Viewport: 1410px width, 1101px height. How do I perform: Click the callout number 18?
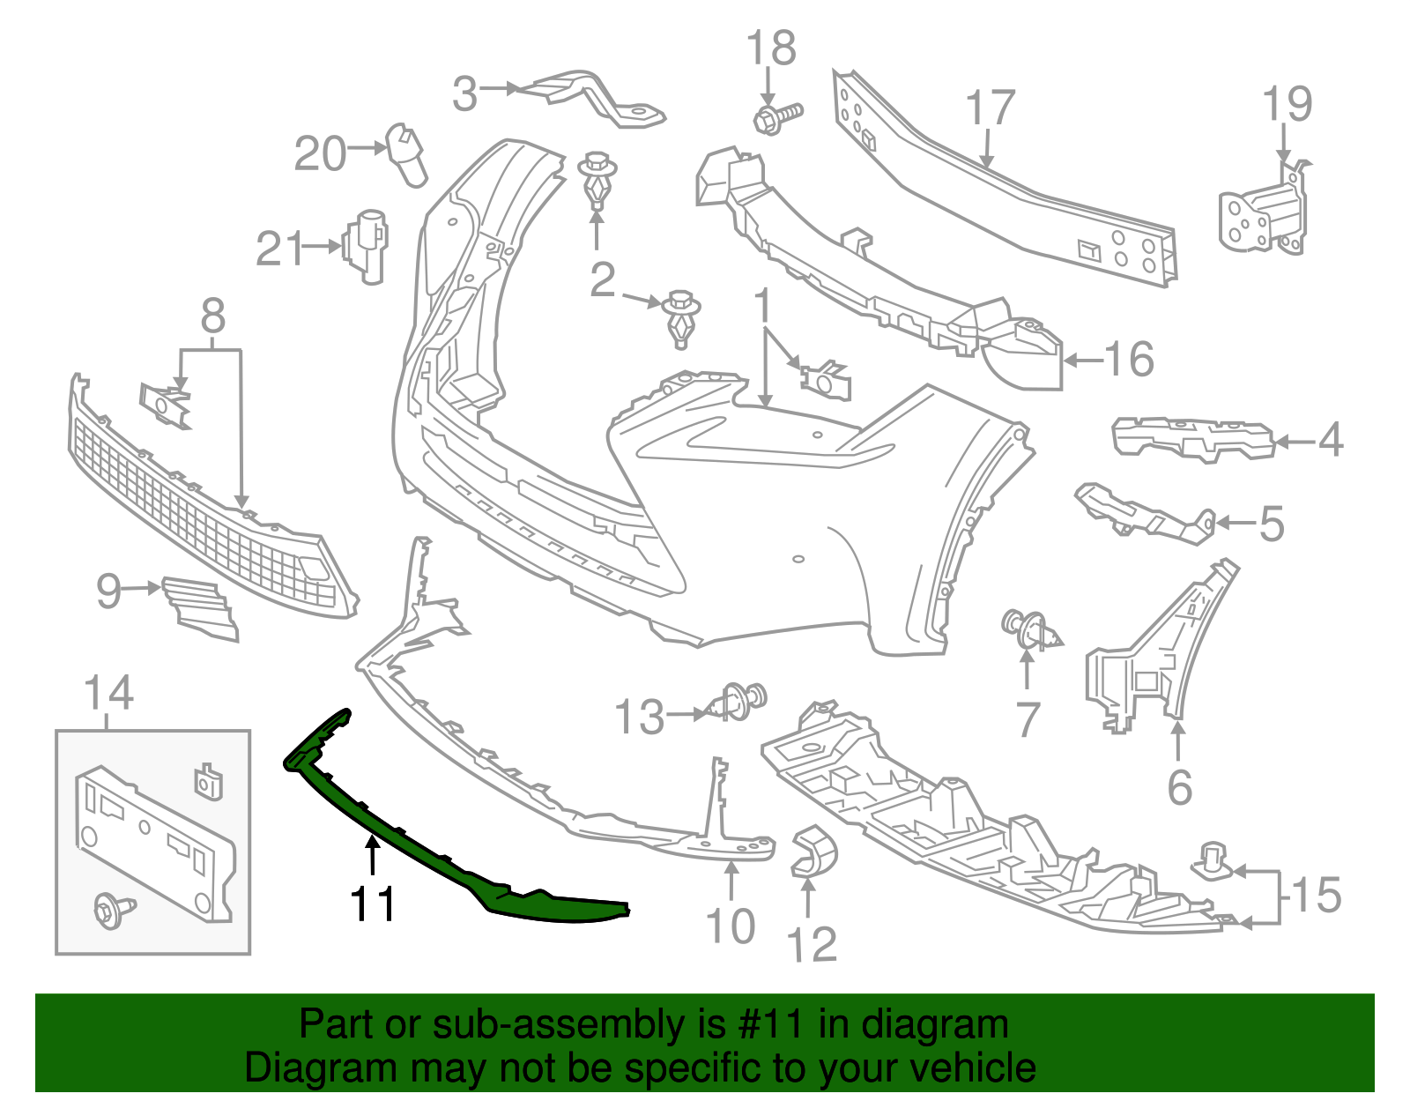point(771,48)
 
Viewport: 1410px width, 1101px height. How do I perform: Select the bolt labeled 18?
point(778,119)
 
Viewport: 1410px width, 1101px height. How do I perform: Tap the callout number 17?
point(991,108)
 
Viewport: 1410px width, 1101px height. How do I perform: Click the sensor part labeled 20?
point(407,155)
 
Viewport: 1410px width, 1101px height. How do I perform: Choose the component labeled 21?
point(365,246)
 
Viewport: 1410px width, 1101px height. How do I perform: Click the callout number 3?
point(464,94)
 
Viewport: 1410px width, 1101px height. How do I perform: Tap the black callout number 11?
point(373,904)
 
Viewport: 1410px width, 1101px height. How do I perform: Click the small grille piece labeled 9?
point(200,607)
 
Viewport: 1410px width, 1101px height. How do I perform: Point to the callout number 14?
point(109,693)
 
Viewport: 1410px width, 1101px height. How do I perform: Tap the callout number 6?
point(1180,786)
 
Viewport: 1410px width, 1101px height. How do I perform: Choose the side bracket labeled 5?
point(1145,513)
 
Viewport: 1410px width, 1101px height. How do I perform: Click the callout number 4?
point(1331,440)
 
